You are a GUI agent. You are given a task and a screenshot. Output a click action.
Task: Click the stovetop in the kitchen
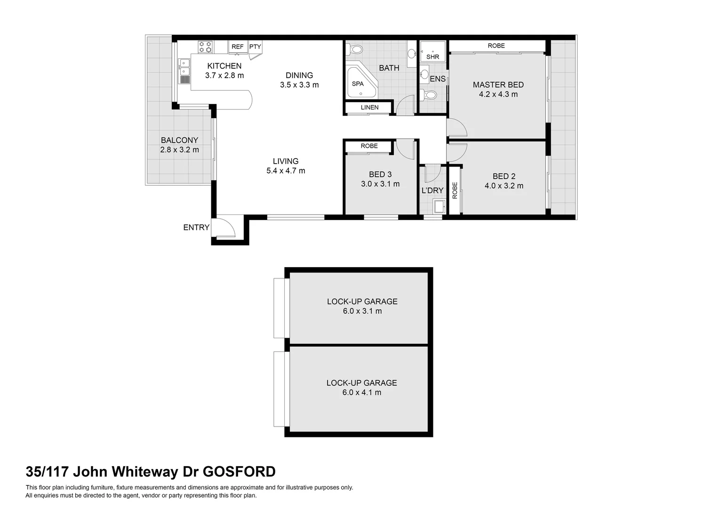205,47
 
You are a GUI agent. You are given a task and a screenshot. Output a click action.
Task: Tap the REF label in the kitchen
238,47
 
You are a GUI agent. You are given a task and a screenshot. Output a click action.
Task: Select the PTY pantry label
255,47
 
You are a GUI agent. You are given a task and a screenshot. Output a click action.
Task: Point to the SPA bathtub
359,83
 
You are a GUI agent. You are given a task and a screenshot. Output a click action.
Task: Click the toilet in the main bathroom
356,49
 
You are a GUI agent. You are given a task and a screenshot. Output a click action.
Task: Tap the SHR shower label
432,57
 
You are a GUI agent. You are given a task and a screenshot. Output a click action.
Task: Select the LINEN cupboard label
369,107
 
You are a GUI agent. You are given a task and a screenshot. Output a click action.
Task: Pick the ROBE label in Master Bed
496,46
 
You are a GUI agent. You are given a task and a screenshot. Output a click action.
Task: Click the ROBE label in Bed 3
369,146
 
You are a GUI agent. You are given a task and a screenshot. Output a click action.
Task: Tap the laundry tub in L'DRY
439,206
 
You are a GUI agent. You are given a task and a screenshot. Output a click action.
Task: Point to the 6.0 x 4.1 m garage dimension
362,392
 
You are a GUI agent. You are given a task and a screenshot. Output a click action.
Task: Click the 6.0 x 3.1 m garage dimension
362,311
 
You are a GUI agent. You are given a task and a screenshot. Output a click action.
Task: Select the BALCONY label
179,140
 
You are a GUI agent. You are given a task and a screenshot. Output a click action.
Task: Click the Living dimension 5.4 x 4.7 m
286,171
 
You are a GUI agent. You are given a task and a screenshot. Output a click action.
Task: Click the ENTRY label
196,228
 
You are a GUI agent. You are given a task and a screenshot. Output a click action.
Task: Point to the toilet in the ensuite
429,95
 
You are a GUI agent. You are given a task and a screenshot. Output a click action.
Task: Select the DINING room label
299,75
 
